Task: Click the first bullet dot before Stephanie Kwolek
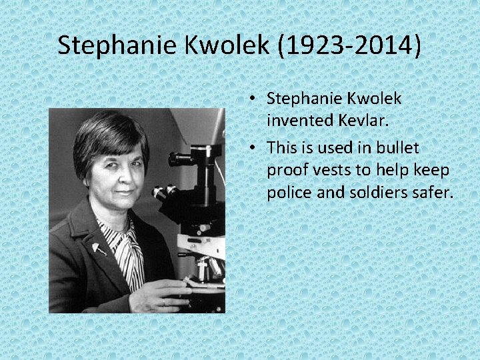tap(255, 99)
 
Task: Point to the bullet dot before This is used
tap(255, 145)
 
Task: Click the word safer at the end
tap(434, 193)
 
